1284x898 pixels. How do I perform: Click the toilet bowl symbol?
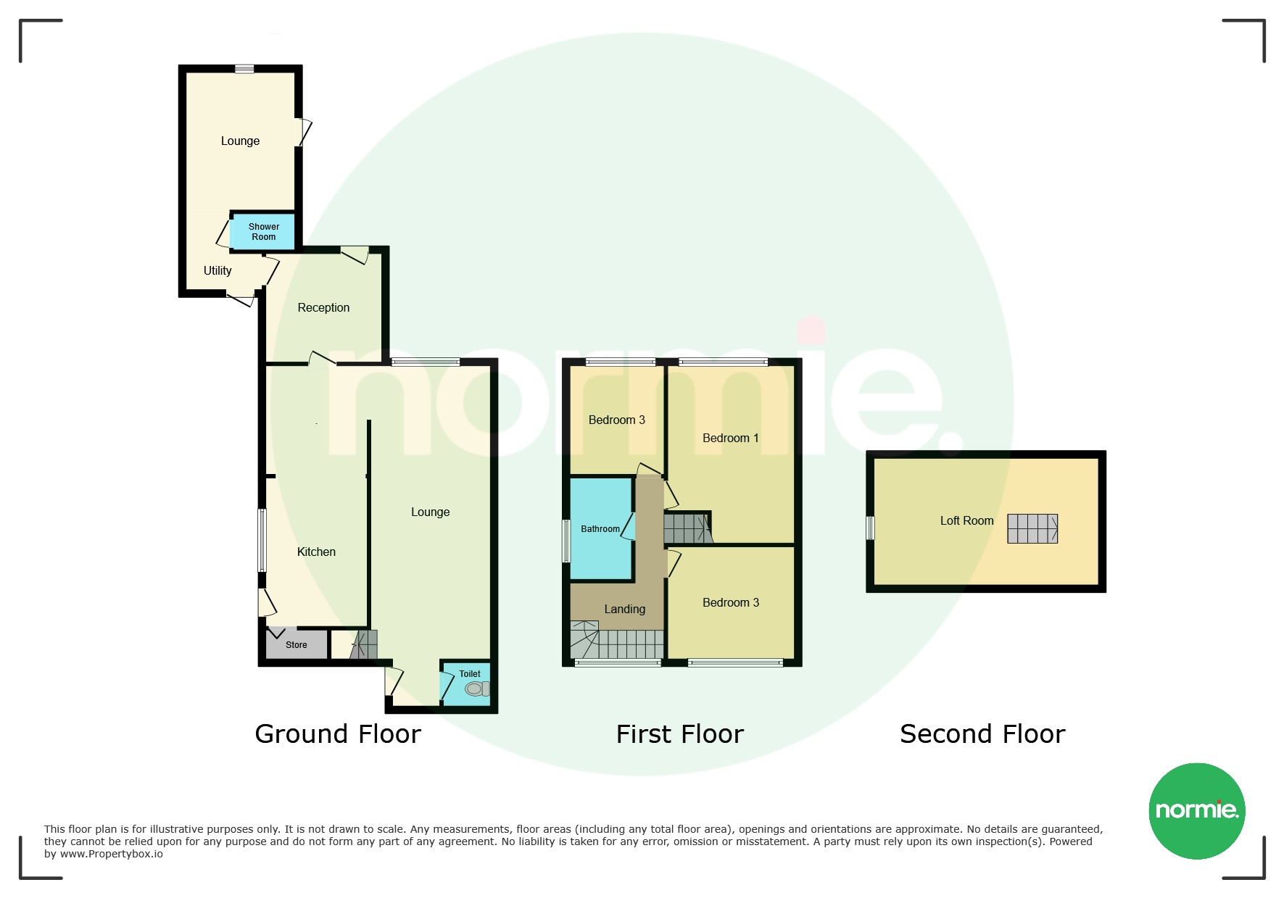[x=477, y=689]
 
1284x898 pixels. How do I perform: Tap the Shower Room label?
[x=264, y=232]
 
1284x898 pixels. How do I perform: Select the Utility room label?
[x=218, y=270]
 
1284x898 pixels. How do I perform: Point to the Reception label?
[x=323, y=307]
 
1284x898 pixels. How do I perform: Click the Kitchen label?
[x=316, y=552]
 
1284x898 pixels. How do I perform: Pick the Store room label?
[x=296, y=644]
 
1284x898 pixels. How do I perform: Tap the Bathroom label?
[x=600, y=529]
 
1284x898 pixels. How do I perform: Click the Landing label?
[x=624, y=609]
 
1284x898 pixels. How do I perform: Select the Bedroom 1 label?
[x=731, y=438]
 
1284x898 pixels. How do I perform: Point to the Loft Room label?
[x=966, y=520]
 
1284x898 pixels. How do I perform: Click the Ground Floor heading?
[x=338, y=734]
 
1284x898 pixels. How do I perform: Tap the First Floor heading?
[x=680, y=734]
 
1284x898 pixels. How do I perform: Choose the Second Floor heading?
[x=982, y=734]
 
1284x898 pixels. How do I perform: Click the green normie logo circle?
[x=1197, y=811]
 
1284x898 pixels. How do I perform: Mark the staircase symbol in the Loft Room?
[x=1032, y=528]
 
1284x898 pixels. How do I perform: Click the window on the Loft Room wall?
[x=870, y=528]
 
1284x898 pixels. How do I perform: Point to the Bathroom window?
[x=566, y=541]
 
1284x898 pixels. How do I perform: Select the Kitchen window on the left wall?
[x=262, y=540]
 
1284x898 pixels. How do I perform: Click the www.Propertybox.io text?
[x=112, y=854]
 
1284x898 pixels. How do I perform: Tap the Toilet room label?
[x=470, y=673]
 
